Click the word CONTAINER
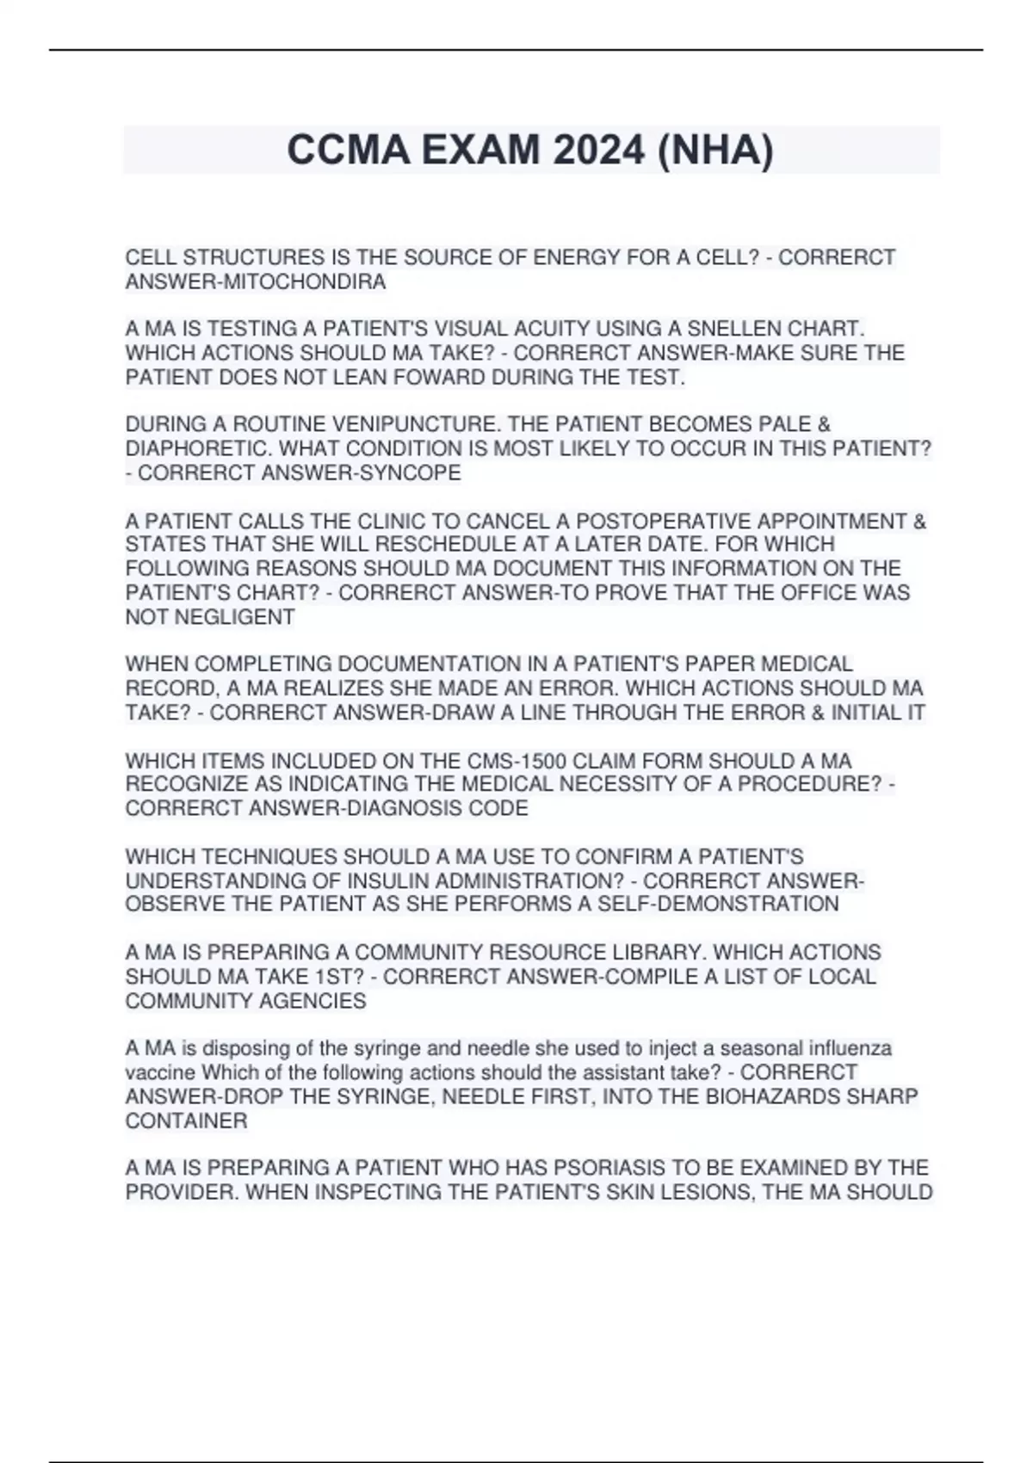coord(186,1120)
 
